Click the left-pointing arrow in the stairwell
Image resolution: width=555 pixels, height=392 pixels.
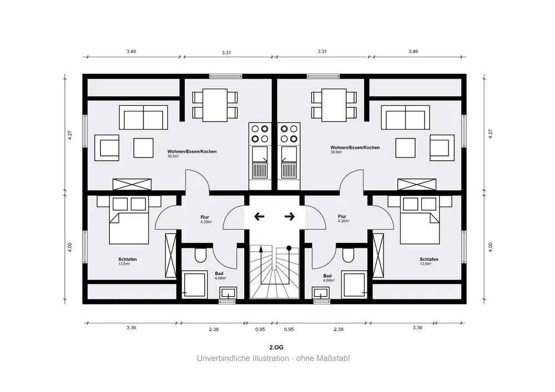(x=259, y=216)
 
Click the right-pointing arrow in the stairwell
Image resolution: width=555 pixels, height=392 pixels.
(x=290, y=216)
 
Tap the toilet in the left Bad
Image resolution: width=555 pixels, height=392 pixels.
(x=200, y=255)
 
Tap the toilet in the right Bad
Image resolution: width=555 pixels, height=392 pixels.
(x=349, y=255)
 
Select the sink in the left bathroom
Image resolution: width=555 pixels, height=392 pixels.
(x=228, y=293)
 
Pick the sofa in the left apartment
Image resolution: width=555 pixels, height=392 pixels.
(x=143, y=118)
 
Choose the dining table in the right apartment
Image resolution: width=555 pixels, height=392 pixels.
(x=334, y=105)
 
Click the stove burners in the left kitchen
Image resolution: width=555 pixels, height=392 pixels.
(x=260, y=134)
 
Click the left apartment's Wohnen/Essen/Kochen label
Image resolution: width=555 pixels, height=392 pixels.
(x=192, y=151)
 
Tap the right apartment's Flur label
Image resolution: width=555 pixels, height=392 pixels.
(x=342, y=216)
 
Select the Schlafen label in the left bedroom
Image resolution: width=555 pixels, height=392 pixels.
(x=128, y=259)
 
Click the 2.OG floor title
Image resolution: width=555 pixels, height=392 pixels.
(x=276, y=348)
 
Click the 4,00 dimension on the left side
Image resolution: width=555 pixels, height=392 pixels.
(x=70, y=247)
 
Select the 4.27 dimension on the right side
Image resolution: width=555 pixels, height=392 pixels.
(x=490, y=134)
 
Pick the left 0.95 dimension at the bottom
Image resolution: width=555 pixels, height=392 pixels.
(x=260, y=329)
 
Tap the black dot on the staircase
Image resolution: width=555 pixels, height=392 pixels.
(x=289, y=248)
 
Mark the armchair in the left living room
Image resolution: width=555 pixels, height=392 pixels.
(x=107, y=147)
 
